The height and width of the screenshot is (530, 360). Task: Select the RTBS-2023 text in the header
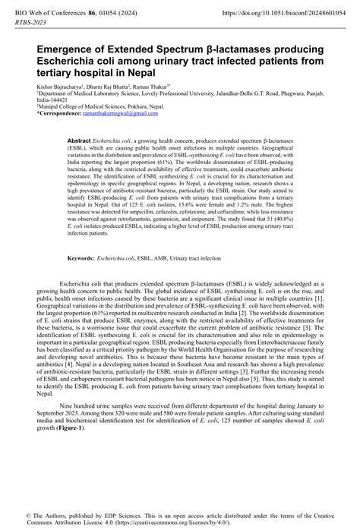(x=32, y=24)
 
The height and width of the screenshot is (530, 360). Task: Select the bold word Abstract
(x=80, y=142)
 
